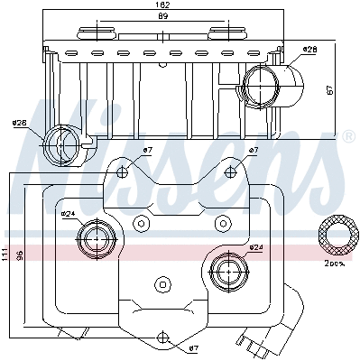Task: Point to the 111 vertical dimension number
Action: (x=6, y=255)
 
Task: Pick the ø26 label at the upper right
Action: (x=309, y=49)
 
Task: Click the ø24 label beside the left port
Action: (x=68, y=214)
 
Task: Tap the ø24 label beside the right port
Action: (x=255, y=247)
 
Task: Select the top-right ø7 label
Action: (x=254, y=150)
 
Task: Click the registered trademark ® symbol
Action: (x=348, y=136)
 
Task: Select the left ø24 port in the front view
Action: (x=95, y=239)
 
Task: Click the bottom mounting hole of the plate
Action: (x=163, y=338)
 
